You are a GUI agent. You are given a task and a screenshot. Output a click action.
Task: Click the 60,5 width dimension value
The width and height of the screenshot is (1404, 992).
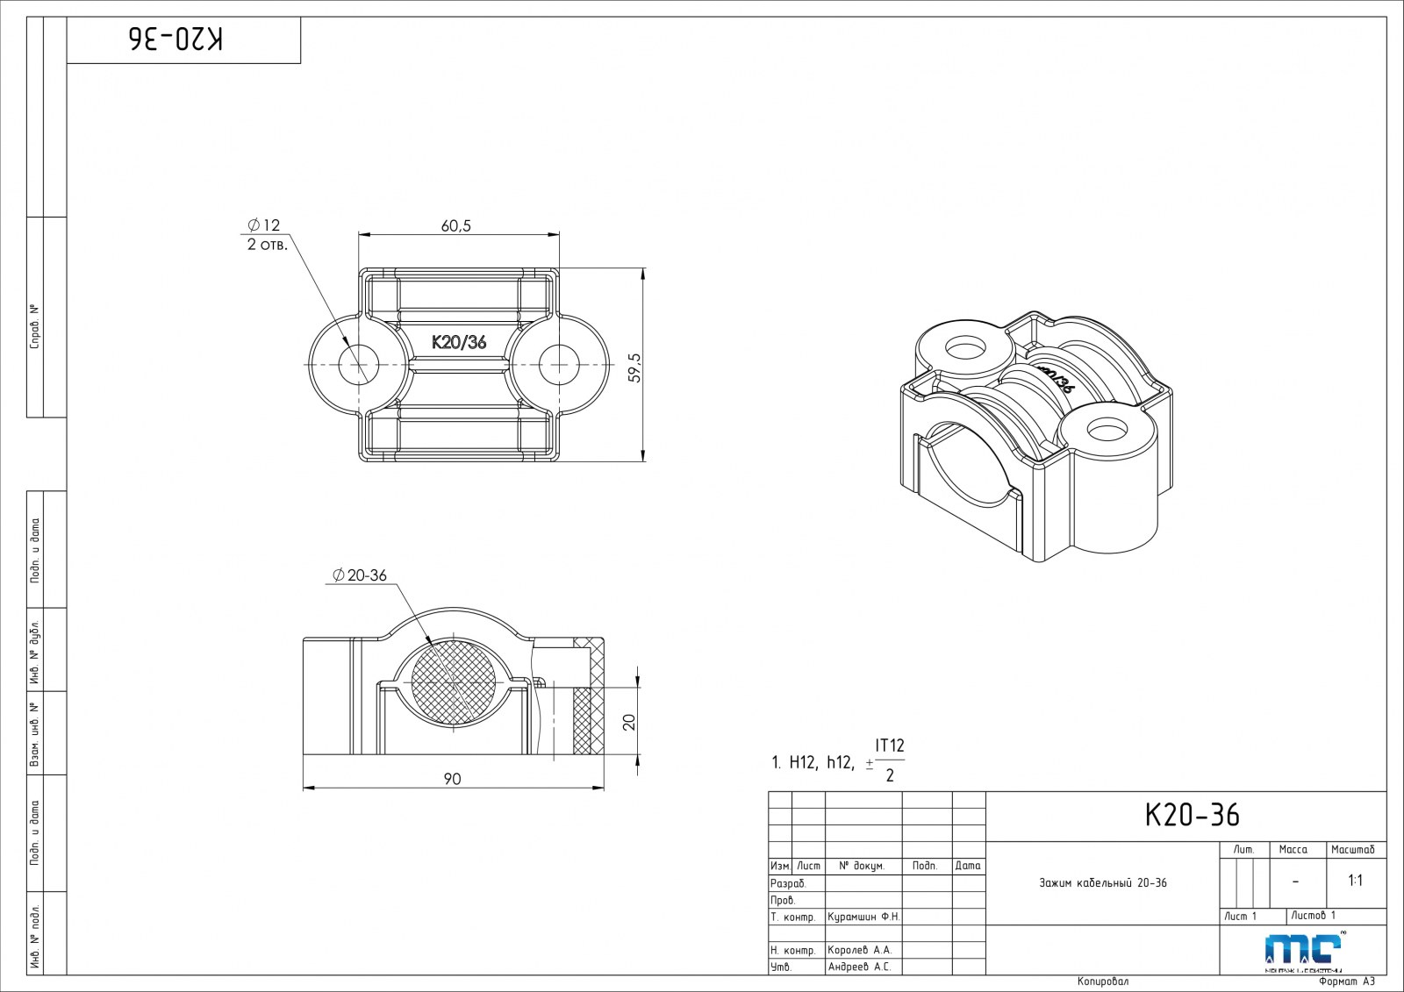pos(456,226)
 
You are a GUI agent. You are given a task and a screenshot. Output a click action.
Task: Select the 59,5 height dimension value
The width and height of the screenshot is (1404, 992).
pos(635,368)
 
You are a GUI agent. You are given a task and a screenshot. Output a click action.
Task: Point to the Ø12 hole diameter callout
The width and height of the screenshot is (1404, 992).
pos(263,225)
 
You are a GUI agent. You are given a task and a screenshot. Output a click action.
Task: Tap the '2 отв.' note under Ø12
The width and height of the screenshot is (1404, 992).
pos(267,245)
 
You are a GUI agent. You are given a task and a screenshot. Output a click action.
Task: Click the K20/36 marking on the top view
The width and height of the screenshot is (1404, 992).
pos(458,342)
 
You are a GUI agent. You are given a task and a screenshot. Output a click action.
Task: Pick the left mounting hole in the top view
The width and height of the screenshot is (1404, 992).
pos(359,364)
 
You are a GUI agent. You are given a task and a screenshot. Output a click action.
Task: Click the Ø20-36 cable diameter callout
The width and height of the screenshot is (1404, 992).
pos(359,575)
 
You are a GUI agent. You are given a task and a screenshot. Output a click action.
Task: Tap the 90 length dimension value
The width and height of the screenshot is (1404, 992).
pos(452,779)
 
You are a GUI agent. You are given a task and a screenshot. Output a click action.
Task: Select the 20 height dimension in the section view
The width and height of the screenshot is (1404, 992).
pos(628,721)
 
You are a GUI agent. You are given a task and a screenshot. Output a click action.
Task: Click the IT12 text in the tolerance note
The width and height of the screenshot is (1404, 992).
pos(890,746)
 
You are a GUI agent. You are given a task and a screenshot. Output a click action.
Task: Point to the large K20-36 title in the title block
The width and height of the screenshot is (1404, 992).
pos(1193,816)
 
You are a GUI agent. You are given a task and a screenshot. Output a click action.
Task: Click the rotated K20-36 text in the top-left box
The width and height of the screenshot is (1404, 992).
pos(176,39)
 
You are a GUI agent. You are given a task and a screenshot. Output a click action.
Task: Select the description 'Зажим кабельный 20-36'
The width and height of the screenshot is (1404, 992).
pos(1102,882)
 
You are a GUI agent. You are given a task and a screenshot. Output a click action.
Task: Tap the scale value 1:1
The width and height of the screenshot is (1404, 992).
pos(1355,881)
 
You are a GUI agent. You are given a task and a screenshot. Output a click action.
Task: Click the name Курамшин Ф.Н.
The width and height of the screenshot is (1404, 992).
pos(863,917)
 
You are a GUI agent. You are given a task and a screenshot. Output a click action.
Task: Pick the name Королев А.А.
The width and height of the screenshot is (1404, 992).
pos(859,950)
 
